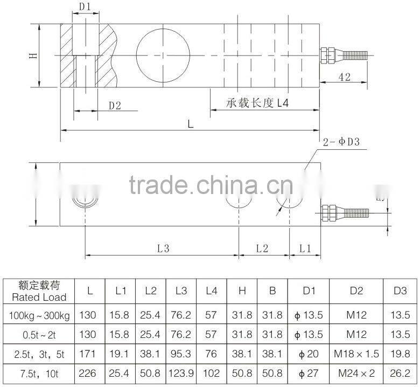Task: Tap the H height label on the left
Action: click(x=33, y=54)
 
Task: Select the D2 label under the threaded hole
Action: click(x=115, y=106)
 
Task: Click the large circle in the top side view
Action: click(x=163, y=54)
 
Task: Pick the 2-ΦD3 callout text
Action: click(x=345, y=142)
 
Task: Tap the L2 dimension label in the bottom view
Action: click(x=262, y=248)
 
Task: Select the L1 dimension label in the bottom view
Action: click(x=305, y=248)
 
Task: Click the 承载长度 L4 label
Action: click(x=257, y=103)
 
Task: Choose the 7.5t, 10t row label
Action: click(x=38, y=374)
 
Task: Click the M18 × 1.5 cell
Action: click(x=356, y=354)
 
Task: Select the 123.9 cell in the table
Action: click(x=181, y=374)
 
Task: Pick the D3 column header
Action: click(x=400, y=291)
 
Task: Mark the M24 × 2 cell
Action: click(x=356, y=374)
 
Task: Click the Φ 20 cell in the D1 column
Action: click(x=308, y=354)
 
